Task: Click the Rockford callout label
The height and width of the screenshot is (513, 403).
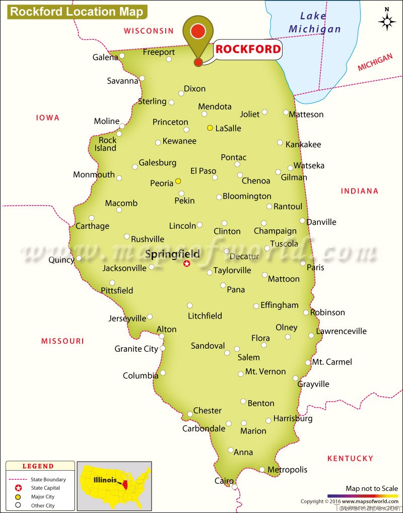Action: [248, 49]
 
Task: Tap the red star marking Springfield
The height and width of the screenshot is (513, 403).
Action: [187, 264]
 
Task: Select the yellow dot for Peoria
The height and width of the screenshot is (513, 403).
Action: [178, 181]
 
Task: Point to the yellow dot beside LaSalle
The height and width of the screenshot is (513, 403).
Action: [210, 128]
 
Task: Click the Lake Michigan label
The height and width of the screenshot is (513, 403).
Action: [314, 22]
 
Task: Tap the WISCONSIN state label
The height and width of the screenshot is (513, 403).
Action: [149, 31]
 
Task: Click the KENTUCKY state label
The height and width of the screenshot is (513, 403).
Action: [350, 459]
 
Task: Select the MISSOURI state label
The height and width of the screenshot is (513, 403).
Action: [62, 341]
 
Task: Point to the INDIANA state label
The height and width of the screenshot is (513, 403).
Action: [359, 191]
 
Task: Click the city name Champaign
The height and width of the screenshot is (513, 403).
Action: [275, 231]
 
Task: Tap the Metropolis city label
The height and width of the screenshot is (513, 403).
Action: [287, 470]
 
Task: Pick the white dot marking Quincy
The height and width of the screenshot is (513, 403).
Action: [79, 259]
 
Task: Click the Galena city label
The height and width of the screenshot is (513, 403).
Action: [105, 57]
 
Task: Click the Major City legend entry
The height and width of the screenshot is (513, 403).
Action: [42, 496]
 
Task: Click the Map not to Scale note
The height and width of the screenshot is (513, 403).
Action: [372, 488]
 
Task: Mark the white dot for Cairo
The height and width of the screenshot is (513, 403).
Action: [235, 487]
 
